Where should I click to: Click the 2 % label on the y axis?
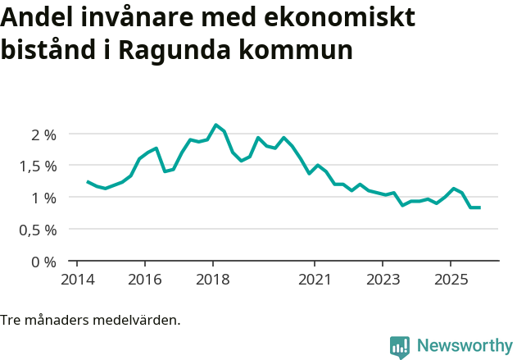point(44,134)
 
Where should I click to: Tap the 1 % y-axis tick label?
point(44,198)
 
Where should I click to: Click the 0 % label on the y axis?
point(44,262)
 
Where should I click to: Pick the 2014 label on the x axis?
point(76,278)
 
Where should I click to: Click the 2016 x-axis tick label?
point(144,278)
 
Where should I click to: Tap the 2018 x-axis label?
point(213,278)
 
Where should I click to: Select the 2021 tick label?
point(315,278)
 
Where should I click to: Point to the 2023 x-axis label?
point(383,278)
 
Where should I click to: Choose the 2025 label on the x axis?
point(451,278)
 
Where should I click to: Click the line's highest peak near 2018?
point(215,125)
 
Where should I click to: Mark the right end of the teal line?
point(479,207)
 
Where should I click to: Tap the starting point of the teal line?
point(88,182)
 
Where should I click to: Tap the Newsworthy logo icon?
point(400,347)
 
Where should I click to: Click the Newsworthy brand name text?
point(464,346)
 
